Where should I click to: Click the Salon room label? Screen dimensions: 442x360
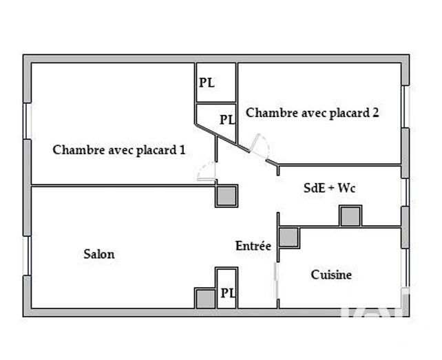[x=99, y=254]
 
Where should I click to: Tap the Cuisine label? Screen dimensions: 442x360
[x=331, y=275]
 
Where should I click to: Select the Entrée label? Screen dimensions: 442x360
[x=253, y=246]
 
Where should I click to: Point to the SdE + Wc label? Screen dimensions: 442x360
[x=330, y=188]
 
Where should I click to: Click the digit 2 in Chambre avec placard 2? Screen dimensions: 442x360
[x=375, y=112]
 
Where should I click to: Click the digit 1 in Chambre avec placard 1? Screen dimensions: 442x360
[x=182, y=149]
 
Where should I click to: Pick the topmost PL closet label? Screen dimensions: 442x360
[x=207, y=83]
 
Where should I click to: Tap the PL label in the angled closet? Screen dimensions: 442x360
[x=227, y=120]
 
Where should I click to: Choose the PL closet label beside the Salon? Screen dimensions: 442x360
[x=228, y=293]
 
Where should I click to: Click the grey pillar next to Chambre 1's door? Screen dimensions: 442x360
[x=227, y=196]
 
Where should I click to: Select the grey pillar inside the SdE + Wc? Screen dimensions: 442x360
[x=350, y=216]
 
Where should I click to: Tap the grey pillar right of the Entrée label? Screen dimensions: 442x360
[x=289, y=237]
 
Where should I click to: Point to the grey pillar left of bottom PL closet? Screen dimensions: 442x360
[x=205, y=298]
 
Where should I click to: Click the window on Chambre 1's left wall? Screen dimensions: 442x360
[x=28, y=121]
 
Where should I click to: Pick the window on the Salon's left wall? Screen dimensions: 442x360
[x=27, y=255]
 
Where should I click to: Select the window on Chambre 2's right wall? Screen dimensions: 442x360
[x=405, y=106]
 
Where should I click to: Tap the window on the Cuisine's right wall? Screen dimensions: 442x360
[x=406, y=268]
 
